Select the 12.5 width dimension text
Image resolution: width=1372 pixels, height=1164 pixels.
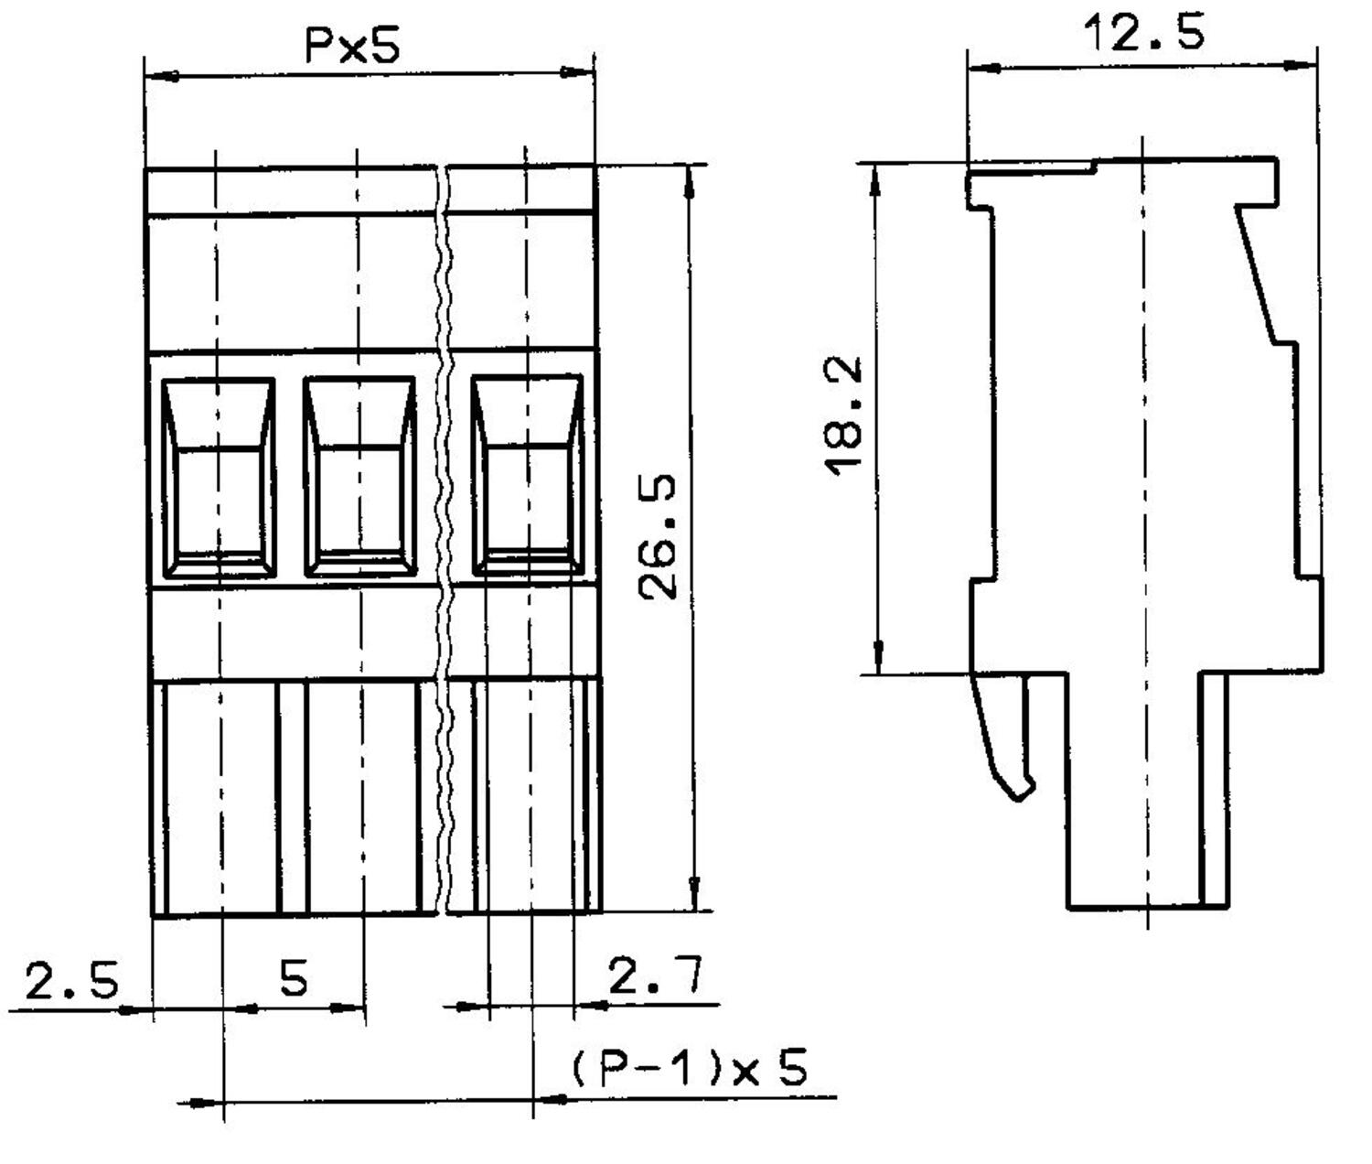coord(1143,34)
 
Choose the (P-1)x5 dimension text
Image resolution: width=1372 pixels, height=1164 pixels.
coord(691,1068)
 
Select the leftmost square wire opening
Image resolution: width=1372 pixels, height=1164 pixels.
coord(219,478)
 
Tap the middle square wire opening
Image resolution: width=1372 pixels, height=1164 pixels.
coord(359,478)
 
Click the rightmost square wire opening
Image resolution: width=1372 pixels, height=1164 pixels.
coord(527,476)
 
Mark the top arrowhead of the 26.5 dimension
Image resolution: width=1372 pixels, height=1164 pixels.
coord(691,183)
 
